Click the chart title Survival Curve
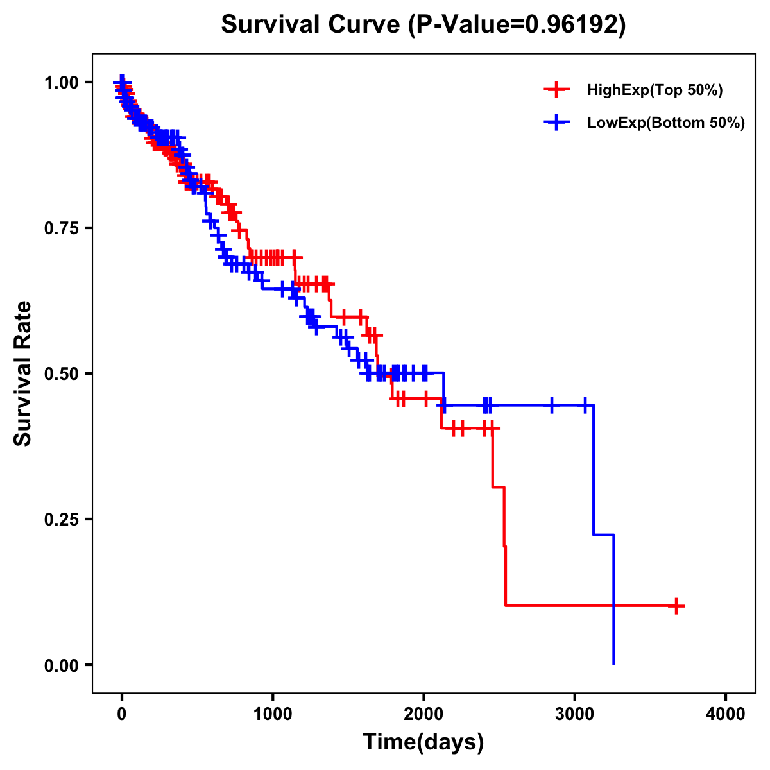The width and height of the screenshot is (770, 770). click(x=312, y=24)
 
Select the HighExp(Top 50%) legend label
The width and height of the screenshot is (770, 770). click(x=655, y=90)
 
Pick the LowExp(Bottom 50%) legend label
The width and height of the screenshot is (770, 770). click(x=666, y=123)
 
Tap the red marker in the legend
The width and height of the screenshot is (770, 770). click(x=557, y=90)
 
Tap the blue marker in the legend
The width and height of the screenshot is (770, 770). click(x=557, y=123)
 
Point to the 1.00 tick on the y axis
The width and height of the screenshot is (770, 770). click(x=61, y=82)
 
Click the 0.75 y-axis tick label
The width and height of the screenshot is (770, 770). click(x=61, y=228)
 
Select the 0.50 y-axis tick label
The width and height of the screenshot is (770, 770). click(x=61, y=373)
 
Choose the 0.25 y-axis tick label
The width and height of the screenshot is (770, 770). click(x=61, y=519)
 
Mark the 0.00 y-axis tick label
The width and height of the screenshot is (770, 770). click(x=61, y=665)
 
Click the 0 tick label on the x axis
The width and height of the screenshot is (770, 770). click(x=121, y=714)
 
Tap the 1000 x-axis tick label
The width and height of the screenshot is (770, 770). click(x=273, y=714)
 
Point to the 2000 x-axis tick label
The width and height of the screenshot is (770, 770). click(x=424, y=714)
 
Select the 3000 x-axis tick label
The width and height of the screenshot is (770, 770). click(x=575, y=714)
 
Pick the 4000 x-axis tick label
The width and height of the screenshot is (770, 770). click(x=726, y=714)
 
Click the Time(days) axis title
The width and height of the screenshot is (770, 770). click(x=424, y=742)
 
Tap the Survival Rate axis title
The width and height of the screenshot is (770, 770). click(x=24, y=373)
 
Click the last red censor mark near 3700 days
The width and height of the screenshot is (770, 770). click(x=676, y=606)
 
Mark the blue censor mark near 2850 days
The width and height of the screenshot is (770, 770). click(x=551, y=405)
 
